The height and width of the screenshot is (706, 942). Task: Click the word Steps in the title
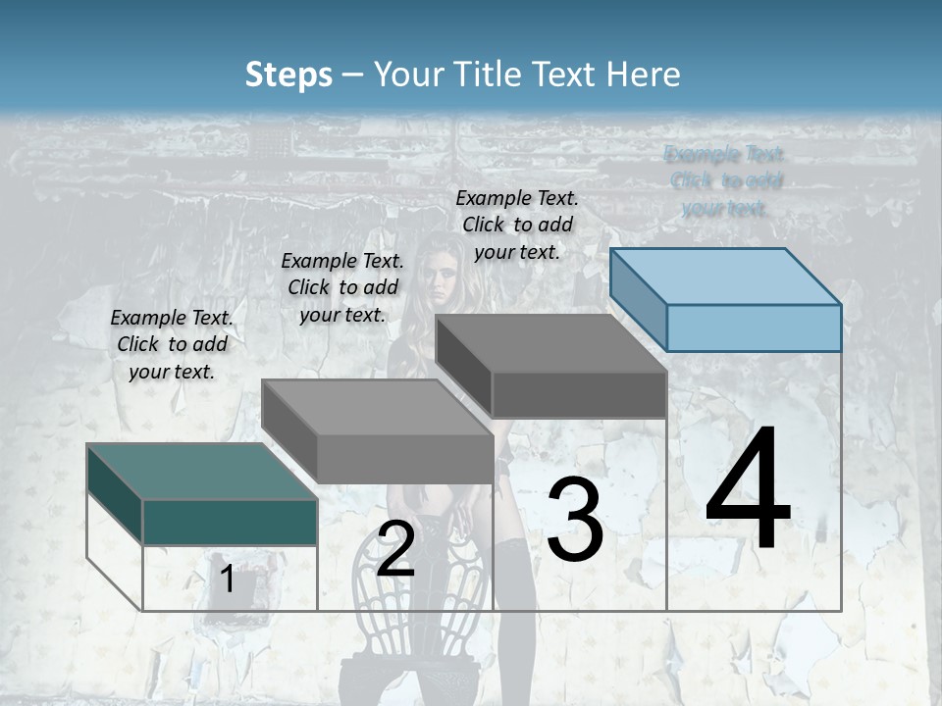(288, 75)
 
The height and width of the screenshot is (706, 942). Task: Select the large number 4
(748, 491)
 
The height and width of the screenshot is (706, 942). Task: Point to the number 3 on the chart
(575, 520)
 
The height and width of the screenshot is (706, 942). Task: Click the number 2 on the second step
(395, 549)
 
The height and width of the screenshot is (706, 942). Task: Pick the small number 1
(227, 580)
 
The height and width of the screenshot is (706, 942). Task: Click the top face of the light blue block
(726, 276)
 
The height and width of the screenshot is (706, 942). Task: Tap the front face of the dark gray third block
(579, 395)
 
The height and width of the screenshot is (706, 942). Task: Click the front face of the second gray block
(404, 459)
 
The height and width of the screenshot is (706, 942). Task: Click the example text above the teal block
(172, 344)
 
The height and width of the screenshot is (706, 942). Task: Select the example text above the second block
(342, 287)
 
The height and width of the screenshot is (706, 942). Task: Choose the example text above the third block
(517, 225)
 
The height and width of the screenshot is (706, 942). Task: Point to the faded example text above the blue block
(724, 181)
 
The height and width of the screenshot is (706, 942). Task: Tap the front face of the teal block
(230, 522)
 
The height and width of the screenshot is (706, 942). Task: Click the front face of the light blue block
(754, 328)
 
